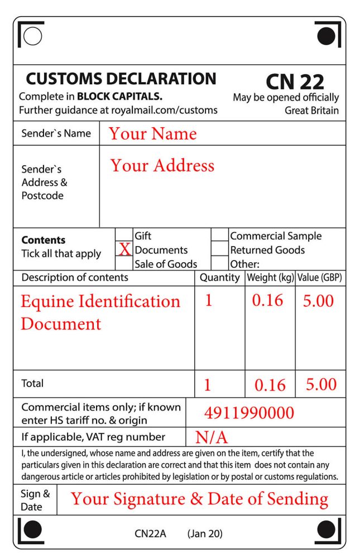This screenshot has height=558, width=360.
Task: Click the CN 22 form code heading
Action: click(295, 81)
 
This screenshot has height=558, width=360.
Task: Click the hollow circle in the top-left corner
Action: click(33, 36)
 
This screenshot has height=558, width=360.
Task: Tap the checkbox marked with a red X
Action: click(124, 249)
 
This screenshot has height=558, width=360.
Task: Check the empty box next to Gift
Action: click(124, 235)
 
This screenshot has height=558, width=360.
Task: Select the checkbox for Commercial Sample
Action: click(220, 235)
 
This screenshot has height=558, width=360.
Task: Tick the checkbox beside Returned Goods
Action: click(220, 249)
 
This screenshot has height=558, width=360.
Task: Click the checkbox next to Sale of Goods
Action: click(124, 263)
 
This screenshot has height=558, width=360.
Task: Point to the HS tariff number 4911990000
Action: click(249, 413)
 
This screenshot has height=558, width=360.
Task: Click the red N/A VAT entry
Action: click(211, 437)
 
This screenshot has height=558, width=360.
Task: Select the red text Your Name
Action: click(152, 134)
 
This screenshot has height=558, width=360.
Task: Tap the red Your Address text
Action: click(162, 166)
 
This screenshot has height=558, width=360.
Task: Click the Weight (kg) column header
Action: click(270, 278)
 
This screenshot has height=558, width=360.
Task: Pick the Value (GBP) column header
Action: click(320, 278)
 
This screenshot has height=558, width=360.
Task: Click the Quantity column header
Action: click(219, 278)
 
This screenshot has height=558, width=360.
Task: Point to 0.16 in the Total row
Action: click(270, 385)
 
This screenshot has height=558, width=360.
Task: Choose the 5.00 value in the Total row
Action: click(320, 384)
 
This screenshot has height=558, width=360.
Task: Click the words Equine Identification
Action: click(100, 301)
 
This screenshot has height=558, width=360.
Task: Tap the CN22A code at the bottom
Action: click(150, 534)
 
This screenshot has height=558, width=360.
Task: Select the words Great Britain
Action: click(311, 110)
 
